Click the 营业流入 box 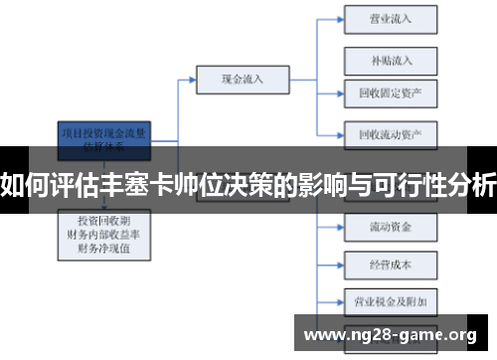click(391, 18)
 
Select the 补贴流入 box click(391, 59)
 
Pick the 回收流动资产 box click(391, 132)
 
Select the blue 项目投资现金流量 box click(105, 138)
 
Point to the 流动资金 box click(391, 227)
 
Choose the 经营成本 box click(391, 265)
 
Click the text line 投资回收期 click(104, 219)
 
